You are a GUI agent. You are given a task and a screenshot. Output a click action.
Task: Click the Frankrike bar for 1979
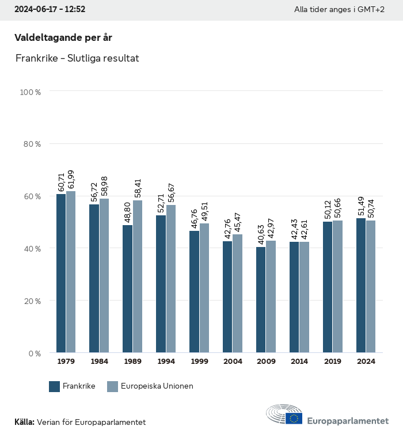[60, 273]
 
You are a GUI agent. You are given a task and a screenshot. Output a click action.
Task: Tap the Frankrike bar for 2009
[261, 299]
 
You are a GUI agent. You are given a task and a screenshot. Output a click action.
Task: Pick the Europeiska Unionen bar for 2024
[371, 286]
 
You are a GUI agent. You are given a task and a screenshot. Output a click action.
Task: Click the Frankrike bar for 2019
[328, 287]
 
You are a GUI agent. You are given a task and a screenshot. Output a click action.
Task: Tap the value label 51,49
[361, 204]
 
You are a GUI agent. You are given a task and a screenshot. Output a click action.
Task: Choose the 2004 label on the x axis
[233, 361]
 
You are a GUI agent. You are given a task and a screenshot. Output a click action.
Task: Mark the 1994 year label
[166, 361]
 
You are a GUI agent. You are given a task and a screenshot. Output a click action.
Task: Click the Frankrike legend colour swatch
[55, 386]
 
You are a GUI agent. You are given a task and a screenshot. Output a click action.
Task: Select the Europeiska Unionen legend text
[157, 386]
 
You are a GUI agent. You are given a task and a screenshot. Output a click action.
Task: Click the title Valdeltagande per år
[63, 37]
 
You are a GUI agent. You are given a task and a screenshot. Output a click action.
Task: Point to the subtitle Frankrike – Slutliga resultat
[77, 58]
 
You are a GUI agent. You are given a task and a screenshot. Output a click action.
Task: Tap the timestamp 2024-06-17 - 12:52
[50, 10]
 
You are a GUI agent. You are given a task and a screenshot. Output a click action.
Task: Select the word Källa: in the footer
[24, 422]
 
